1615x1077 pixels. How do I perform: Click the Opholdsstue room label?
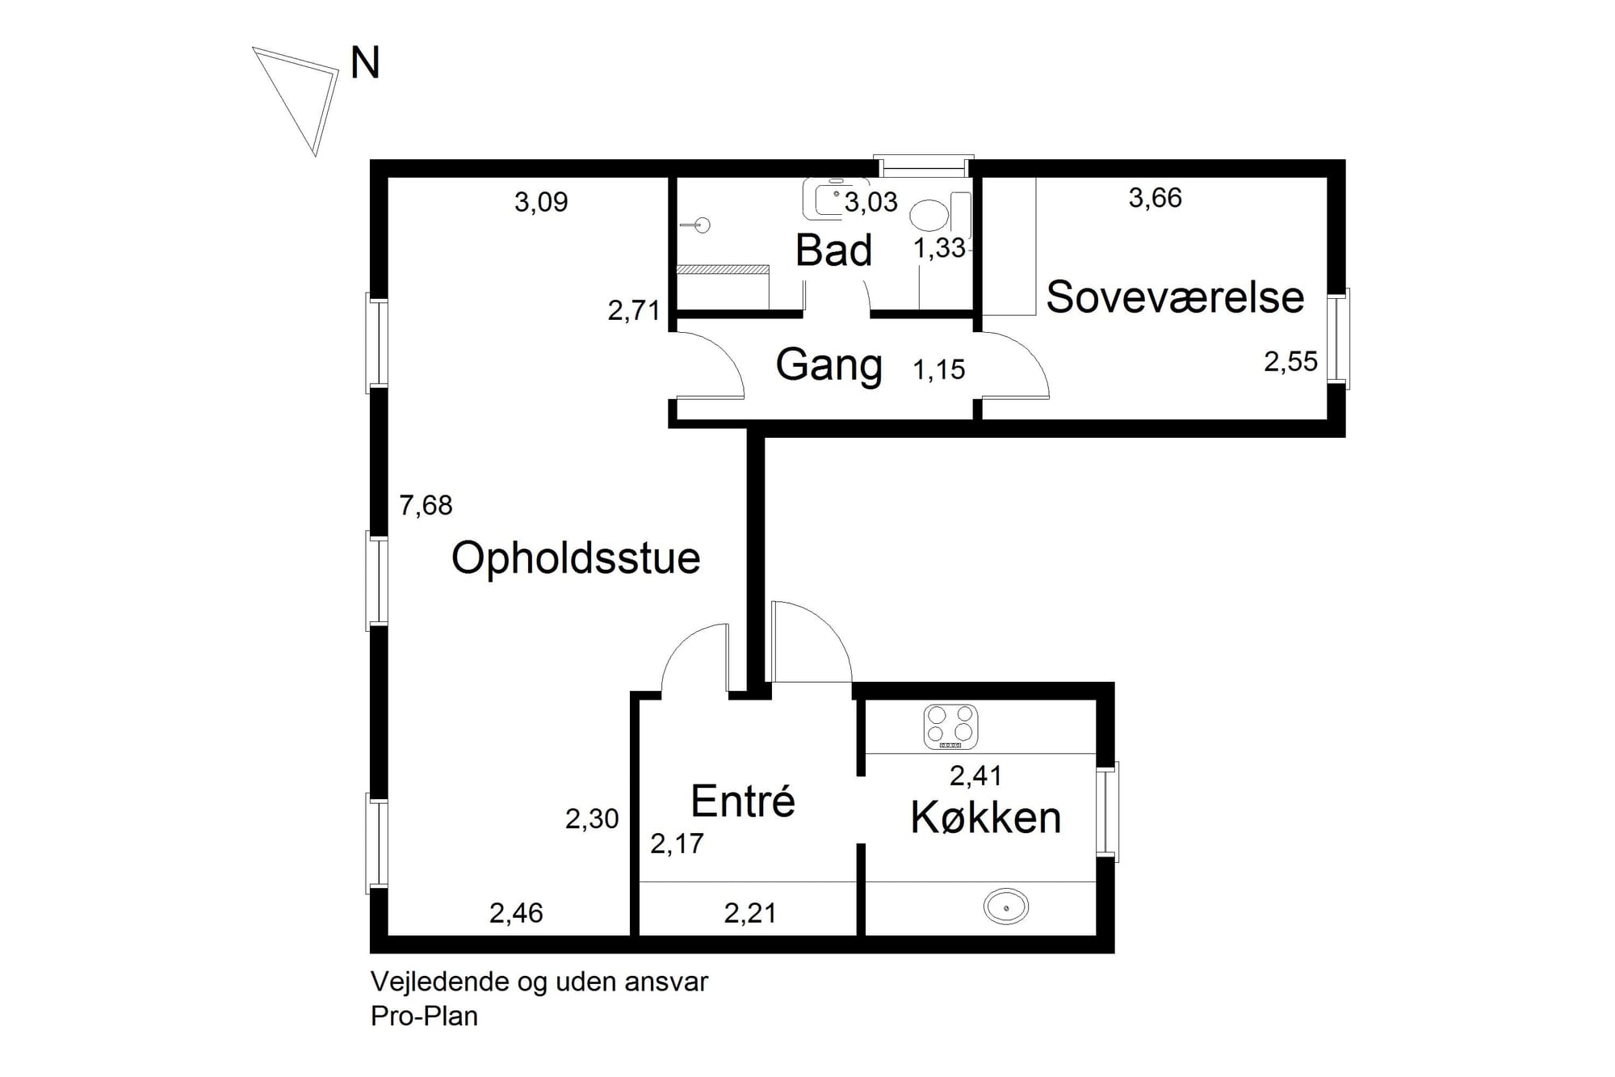click(576, 558)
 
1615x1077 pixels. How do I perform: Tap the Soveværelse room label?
click(1174, 297)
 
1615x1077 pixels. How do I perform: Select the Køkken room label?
click(985, 818)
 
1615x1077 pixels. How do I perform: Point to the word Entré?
click(743, 801)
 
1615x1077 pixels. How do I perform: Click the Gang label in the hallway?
click(828, 364)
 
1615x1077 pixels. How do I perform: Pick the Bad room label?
click(833, 250)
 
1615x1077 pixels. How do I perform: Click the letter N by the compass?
click(365, 63)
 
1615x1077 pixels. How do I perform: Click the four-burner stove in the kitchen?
click(950, 726)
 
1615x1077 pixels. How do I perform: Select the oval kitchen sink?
click(1005, 907)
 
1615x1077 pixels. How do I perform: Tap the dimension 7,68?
click(426, 506)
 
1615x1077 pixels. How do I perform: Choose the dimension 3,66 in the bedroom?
click(1155, 198)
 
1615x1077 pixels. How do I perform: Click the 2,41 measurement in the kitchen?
click(975, 776)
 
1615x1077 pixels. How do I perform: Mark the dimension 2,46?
click(516, 913)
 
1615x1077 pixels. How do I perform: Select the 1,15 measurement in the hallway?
click(938, 370)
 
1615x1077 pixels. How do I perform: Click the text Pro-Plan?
click(424, 1016)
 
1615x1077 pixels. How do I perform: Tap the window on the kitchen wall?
click(1107, 811)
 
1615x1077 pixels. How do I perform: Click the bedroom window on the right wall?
click(1338, 338)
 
